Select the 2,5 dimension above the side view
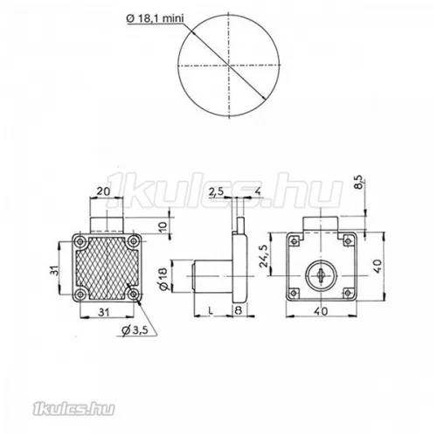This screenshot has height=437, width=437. pyautogui.click(x=217, y=190)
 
